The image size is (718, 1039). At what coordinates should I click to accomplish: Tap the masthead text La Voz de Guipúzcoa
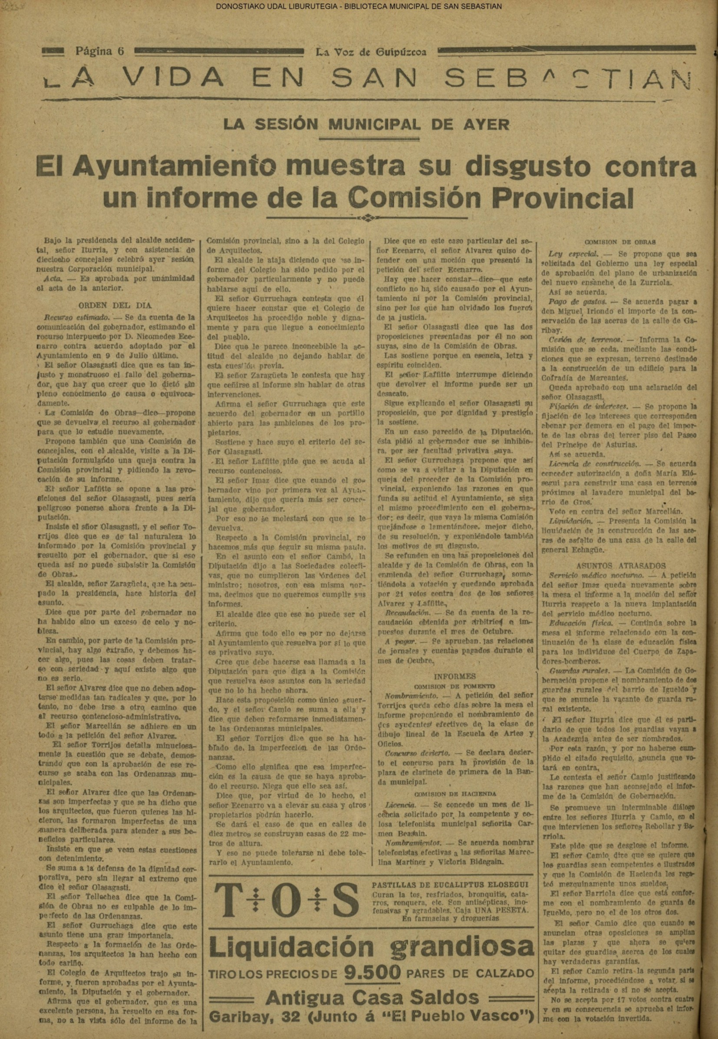click(371, 52)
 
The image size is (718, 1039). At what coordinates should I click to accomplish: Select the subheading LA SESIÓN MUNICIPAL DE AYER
click(367, 124)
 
